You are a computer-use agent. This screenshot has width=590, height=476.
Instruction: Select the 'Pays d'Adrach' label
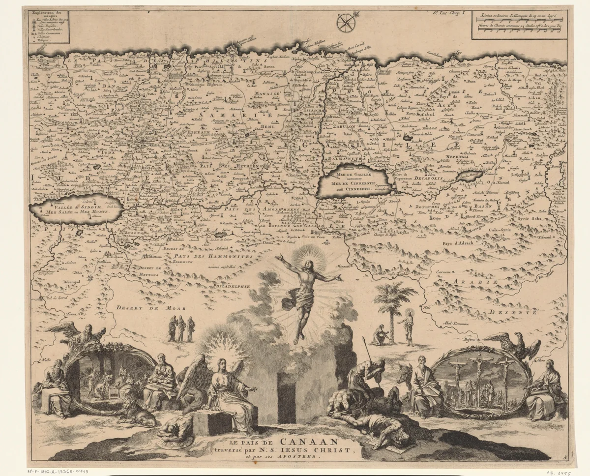(456, 242)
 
